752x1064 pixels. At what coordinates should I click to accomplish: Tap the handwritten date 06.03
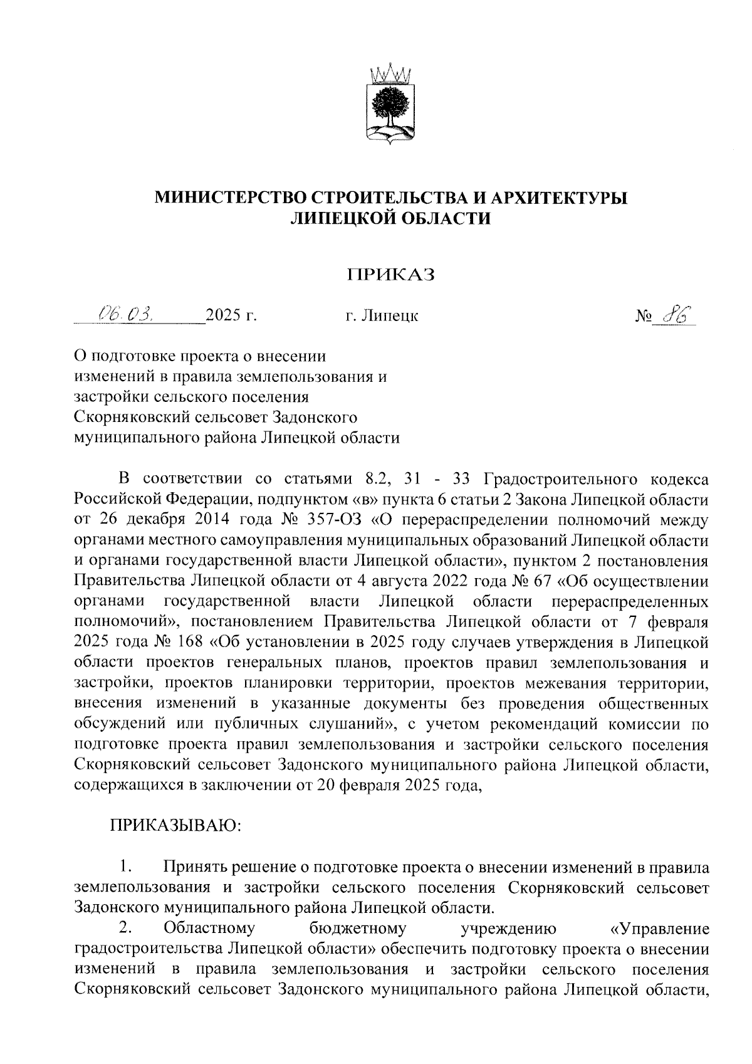(x=127, y=313)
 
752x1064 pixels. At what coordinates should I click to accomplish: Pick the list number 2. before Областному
(x=125, y=927)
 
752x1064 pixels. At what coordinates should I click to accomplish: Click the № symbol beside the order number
(x=643, y=316)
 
